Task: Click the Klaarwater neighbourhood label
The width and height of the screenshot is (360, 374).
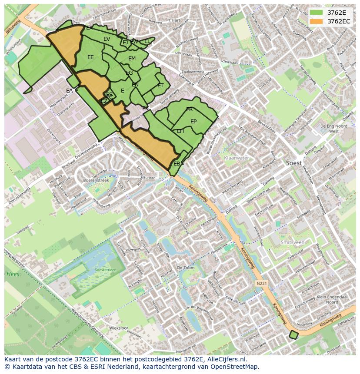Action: (x=236, y=158)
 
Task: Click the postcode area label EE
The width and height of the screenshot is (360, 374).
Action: (x=90, y=57)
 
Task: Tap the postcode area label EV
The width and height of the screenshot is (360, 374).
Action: (x=107, y=39)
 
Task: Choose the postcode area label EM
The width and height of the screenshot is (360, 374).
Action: (x=132, y=59)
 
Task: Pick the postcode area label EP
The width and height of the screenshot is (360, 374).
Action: (x=193, y=122)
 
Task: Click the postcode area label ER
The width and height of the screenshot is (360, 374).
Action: (x=190, y=110)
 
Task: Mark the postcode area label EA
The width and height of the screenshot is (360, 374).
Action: (x=70, y=91)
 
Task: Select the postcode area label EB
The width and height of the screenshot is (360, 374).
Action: (x=177, y=164)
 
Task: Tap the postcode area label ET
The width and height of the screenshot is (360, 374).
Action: (x=160, y=86)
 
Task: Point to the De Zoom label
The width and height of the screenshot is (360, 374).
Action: (x=186, y=268)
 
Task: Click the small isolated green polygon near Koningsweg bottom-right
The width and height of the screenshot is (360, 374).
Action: (x=294, y=334)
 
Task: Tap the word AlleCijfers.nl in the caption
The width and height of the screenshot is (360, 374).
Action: (x=226, y=360)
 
